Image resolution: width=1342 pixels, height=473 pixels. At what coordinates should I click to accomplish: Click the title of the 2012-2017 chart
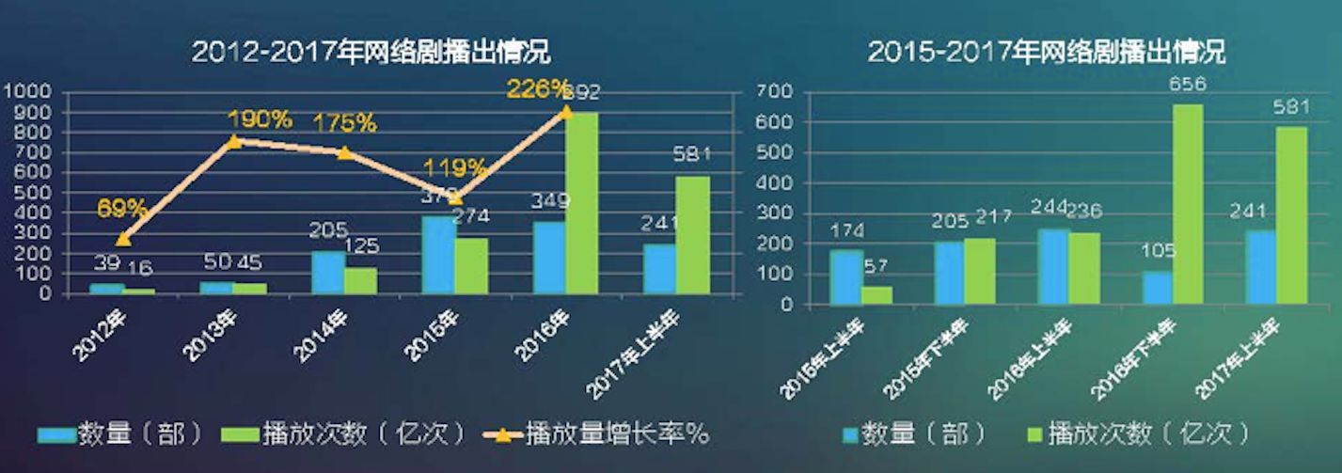point(371,51)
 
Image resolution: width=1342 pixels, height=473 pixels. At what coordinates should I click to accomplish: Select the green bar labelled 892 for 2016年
point(581,202)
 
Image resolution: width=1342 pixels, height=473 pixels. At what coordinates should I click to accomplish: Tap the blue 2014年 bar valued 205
point(327,272)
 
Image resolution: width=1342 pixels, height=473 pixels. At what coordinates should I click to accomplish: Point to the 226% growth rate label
point(538,89)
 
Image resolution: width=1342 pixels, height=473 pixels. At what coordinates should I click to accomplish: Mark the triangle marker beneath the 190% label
point(234,140)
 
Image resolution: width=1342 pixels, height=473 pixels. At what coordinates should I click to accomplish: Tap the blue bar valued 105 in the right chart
point(1157,288)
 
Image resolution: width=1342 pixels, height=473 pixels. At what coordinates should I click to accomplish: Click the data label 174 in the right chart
point(844,230)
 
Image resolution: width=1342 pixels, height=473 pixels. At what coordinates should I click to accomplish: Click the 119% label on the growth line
point(455,169)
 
